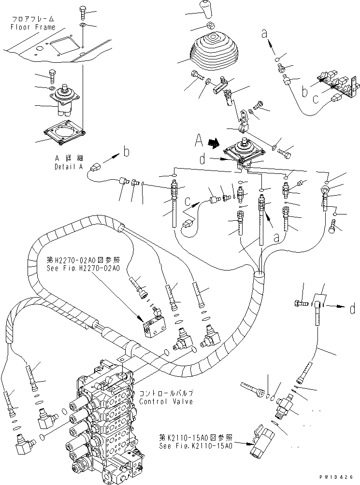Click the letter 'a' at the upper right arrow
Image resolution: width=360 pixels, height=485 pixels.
(x=264, y=34)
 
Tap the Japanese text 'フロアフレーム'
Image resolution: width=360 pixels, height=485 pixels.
(x=30, y=19)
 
